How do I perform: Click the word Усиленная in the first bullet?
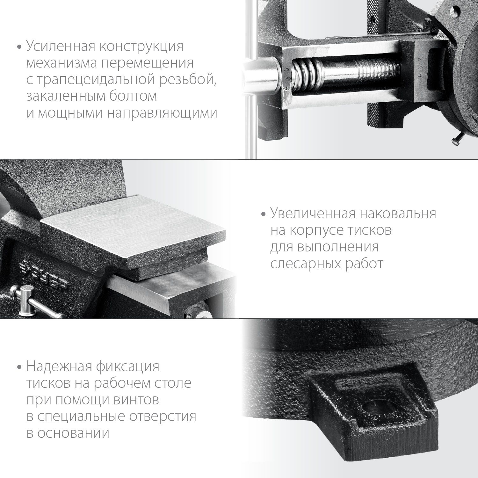point(60,47)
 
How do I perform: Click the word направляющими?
point(162,113)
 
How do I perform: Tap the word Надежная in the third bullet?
point(59,366)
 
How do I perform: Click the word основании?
point(73,433)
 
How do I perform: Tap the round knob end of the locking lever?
point(24,291)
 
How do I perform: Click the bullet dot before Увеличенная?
point(263,214)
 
